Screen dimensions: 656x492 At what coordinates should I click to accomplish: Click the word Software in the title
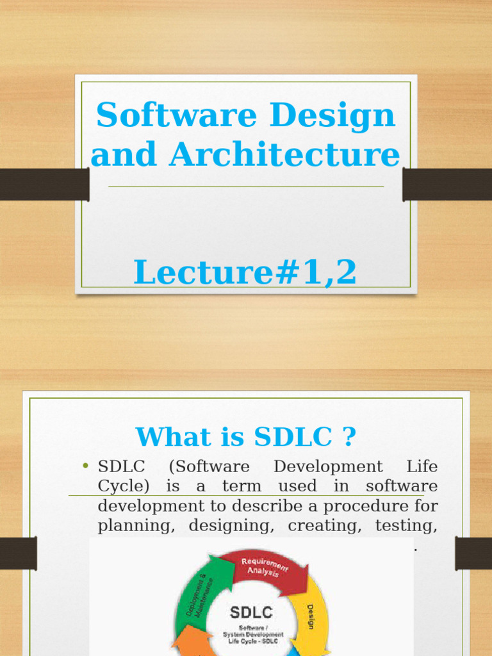pos(168,115)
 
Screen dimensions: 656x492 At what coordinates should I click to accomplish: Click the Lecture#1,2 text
pos(245,272)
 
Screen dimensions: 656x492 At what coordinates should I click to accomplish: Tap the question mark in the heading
pos(348,437)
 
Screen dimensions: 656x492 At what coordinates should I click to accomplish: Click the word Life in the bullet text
pos(422,466)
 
